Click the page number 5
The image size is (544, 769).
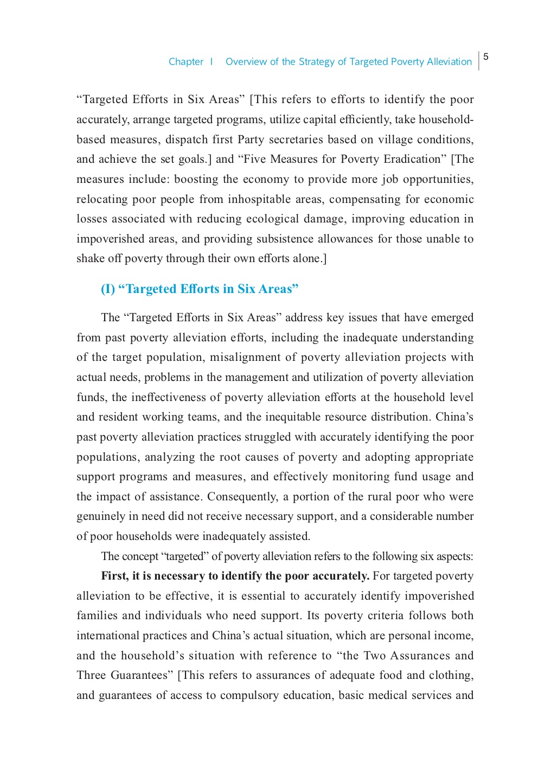coord(486,56)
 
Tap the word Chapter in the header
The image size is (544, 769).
coord(186,62)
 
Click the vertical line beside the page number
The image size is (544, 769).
coord(479,61)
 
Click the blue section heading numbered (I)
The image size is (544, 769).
coord(200,289)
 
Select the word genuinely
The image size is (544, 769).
coord(100,516)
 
